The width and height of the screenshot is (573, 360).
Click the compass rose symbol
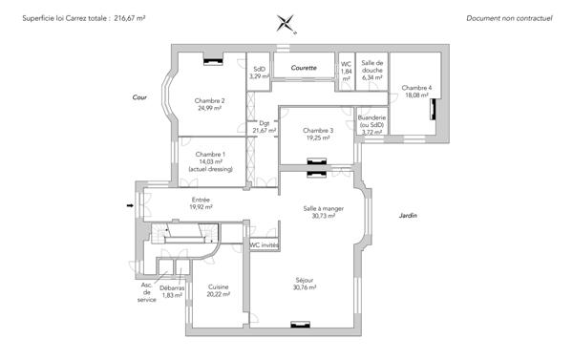click(x=286, y=24)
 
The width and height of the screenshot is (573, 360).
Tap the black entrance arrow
click(x=130, y=205)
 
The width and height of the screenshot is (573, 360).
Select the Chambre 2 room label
click(x=209, y=101)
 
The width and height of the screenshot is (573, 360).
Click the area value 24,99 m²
click(x=209, y=108)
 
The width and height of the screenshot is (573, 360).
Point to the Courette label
click(x=304, y=68)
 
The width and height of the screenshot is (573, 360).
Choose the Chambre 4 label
click(x=416, y=88)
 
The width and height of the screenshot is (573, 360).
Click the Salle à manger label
click(x=324, y=209)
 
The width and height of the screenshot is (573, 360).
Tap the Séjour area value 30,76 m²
click(x=305, y=287)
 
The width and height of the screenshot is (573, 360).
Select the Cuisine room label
click(x=218, y=286)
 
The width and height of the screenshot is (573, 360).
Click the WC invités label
click(x=265, y=244)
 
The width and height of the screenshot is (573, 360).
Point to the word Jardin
click(x=408, y=216)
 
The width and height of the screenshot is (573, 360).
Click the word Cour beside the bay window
click(x=139, y=97)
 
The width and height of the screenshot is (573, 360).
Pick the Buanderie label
click(x=371, y=117)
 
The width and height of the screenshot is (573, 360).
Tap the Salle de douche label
click(x=372, y=67)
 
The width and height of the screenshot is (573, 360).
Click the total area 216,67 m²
click(x=130, y=18)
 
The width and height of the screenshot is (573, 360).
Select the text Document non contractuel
click(x=509, y=18)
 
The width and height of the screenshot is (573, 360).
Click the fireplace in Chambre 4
click(x=433, y=109)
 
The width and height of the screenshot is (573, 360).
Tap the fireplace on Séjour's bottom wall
click(x=301, y=325)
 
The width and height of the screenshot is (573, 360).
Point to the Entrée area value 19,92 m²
click(x=201, y=207)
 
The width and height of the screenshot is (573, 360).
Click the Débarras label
click(x=172, y=288)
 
